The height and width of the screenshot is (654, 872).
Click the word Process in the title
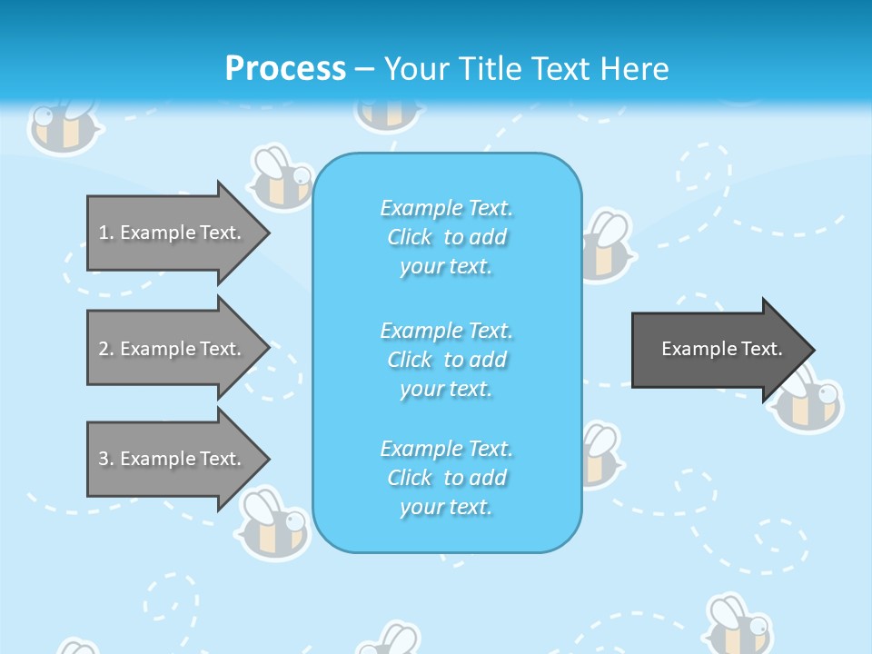(x=285, y=68)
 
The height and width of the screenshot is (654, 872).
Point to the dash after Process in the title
(x=365, y=69)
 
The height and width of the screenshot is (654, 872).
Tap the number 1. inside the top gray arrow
(x=106, y=233)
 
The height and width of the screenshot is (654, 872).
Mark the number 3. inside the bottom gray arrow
(x=106, y=459)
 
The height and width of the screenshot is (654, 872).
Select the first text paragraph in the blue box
(x=446, y=237)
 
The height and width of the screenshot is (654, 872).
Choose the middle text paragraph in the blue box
(x=446, y=359)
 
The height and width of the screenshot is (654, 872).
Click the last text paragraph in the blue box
(x=446, y=478)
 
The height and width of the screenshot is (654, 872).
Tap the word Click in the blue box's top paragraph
(x=410, y=237)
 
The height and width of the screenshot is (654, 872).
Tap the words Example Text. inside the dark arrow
(x=722, y=349)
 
